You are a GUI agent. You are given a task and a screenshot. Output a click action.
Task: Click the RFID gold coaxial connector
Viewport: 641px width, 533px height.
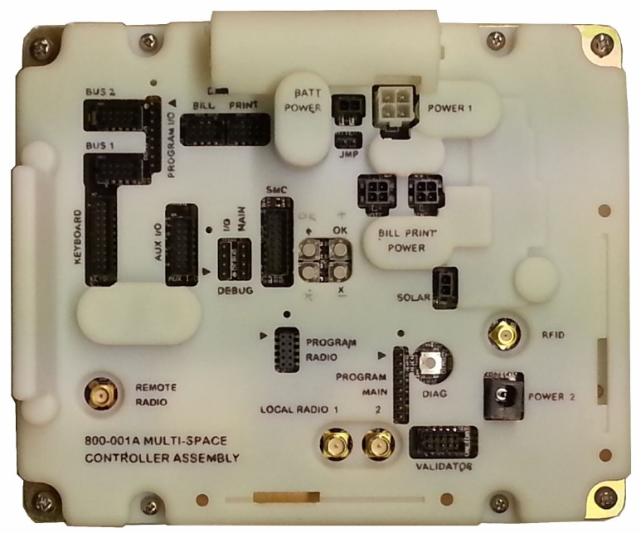coord(503,336)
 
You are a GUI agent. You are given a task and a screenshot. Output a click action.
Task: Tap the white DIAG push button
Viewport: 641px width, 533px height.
coord(430,361)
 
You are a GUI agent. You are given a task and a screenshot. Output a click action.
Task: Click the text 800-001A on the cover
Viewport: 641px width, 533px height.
coord(114,441)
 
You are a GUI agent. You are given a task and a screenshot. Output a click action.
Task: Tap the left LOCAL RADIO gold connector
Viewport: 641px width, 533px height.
coord(335,444)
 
